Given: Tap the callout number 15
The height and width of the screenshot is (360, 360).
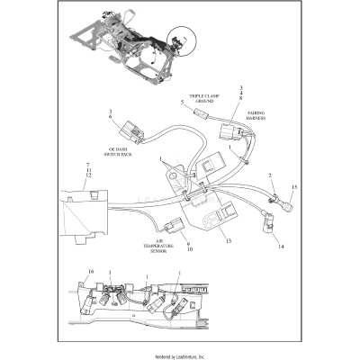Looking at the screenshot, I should (292, 187).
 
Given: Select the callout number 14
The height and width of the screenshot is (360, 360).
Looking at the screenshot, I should (280, 246).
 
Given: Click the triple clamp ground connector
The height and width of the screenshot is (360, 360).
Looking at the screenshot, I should (202, 115).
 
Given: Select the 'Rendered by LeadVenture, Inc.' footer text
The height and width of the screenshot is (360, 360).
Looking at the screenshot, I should (180, 355).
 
